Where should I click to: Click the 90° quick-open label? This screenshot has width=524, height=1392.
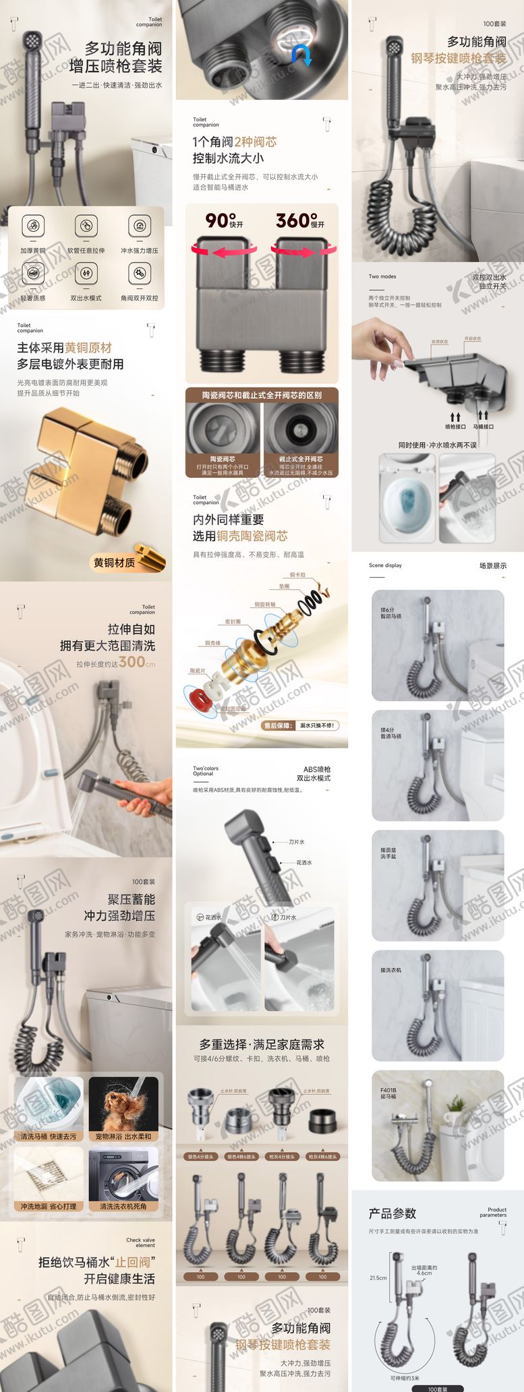(224, 221)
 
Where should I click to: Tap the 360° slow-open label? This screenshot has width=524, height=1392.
(299, 221)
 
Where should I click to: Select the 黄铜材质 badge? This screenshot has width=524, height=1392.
(114, 562)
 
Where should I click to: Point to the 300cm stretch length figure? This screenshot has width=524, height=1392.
(136, 662)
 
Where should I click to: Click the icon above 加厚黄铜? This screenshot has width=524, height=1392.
(33, 226)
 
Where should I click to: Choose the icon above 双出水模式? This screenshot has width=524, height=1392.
(86, 274)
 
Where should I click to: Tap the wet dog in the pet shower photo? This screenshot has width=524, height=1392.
(122, 1106)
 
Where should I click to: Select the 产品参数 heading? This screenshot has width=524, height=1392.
(392, 1213)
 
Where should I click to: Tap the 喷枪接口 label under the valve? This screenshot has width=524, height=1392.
(455, 427)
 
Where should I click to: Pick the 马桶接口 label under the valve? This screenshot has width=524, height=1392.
(483, 427)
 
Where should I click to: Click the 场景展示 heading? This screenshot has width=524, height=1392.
(492, 566)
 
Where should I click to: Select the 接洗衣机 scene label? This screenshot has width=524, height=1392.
(390, 970)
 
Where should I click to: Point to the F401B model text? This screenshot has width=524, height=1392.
(388, 1089)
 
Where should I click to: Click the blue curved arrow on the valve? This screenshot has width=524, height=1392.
(302, 54)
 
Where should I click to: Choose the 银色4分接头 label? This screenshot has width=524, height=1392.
(200, 1157)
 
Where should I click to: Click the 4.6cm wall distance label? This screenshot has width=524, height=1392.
(424, 1271)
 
